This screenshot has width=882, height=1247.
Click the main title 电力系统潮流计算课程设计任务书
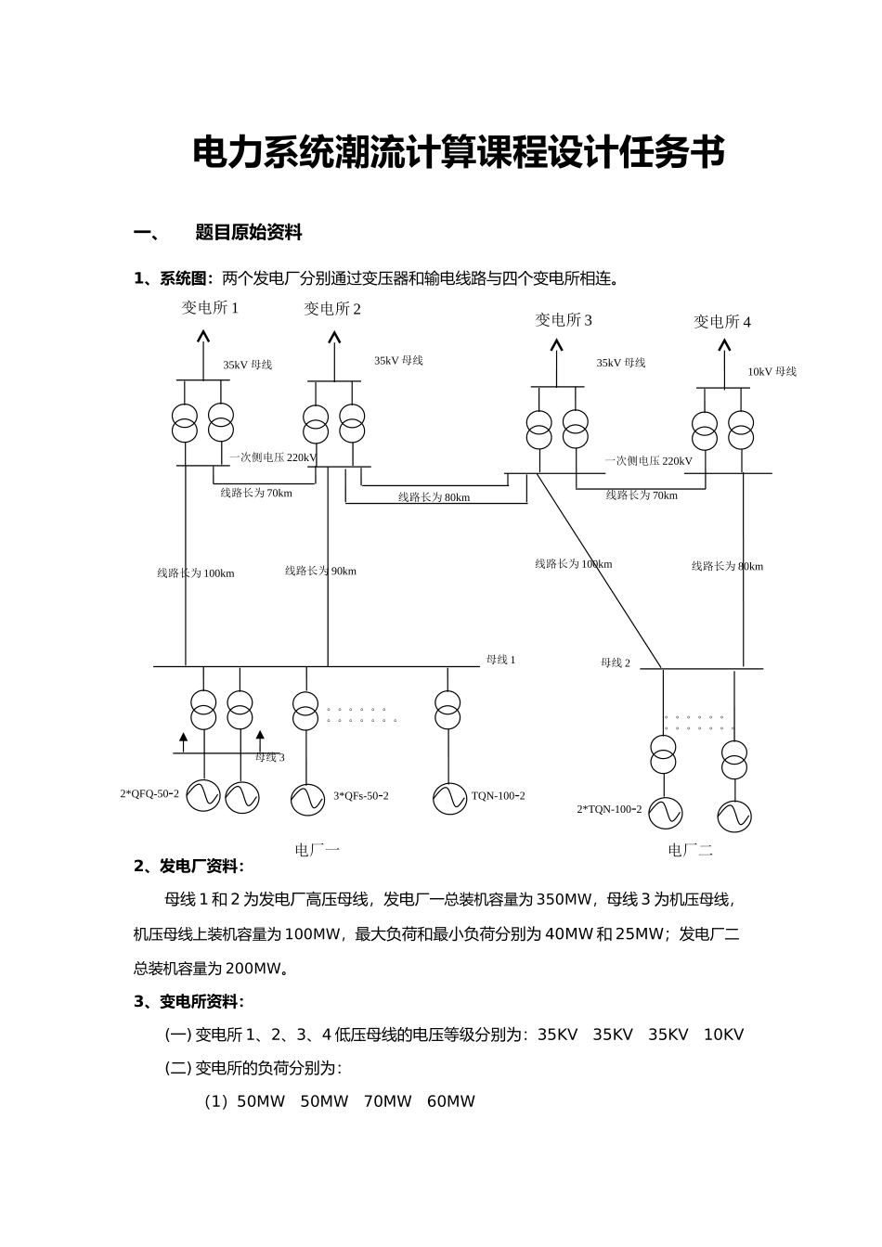click(x=458, y=153)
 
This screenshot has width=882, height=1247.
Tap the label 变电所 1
click(x=210, y=308)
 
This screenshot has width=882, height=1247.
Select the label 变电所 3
click(x=563, y=320)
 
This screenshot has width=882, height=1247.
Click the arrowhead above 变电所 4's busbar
click(x=724, y=346)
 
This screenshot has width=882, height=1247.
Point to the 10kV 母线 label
click(x=772, y=372)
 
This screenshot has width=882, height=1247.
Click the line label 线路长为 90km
click(x=320, y=572)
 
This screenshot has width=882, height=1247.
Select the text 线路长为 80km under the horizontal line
click(x=434, y=497)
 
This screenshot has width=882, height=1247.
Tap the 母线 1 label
click(x=500, y=660)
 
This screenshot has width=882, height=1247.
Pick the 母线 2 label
click(x=615, y=662)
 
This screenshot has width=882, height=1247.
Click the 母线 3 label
click(x=270, y=757)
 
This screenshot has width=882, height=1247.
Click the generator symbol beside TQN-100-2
click(x=449, y=798)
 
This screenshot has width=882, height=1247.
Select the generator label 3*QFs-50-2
click(x=360, y=796)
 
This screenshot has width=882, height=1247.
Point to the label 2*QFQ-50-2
click(x=149, y=793)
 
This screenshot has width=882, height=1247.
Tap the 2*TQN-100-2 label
click(x=609, y=809)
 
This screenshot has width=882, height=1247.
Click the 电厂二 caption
click(x=690, y=850)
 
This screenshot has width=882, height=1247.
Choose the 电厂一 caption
click(x=318, y=849)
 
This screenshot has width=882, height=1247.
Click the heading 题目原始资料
click(x=249, y=233)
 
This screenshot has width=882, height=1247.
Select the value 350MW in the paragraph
click(x=564, y=899)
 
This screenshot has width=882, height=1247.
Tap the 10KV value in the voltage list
click(x=723, y=1035)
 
